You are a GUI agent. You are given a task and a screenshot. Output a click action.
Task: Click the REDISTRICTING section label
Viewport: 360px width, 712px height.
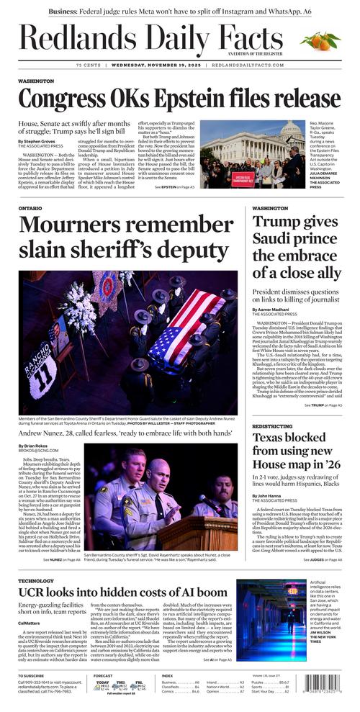tap(273, 426)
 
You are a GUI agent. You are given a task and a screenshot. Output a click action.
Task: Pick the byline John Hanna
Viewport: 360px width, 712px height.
tap(269, 496)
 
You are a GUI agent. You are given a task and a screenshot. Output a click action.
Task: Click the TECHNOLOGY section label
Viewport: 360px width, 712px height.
tap(36, 580)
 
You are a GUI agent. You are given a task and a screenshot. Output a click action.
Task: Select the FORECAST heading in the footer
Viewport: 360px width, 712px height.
tap(103, 676)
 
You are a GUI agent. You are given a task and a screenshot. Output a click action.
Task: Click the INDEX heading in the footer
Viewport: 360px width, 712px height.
tap(167, 676)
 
